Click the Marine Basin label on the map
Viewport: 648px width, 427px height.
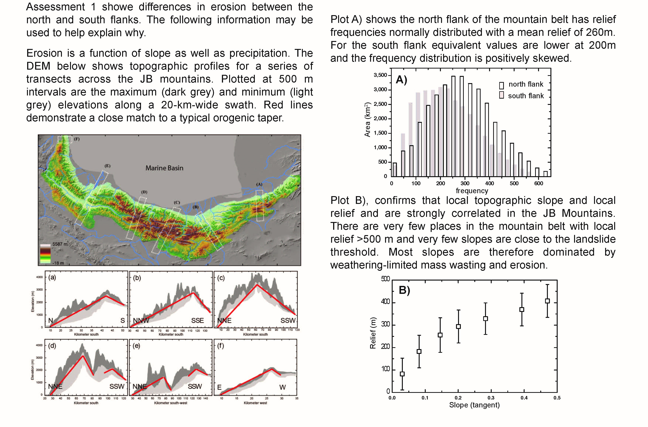[164, 168]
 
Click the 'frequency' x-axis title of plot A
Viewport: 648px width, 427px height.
[472, 191]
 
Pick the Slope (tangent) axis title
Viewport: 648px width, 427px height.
[474, 405]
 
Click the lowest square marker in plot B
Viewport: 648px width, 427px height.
[402, 374]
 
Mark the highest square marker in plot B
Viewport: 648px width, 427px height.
[547, 301]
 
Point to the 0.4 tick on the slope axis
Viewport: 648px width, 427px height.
[524, 398]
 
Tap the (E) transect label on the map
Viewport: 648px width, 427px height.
[107, 166]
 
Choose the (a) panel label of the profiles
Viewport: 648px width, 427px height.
[52, 278]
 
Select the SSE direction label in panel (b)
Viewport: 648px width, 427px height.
[198, 320]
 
